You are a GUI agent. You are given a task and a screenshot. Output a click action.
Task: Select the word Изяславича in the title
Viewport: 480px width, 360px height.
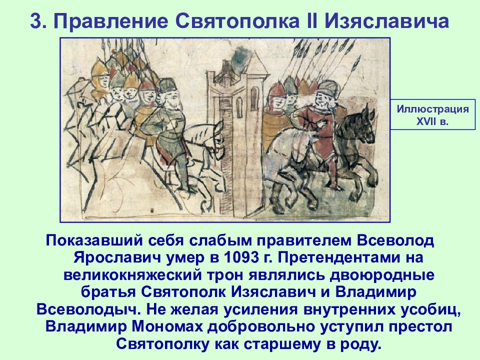coord(386,21)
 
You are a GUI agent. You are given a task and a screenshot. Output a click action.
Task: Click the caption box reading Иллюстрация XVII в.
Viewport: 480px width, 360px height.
coord(433,114)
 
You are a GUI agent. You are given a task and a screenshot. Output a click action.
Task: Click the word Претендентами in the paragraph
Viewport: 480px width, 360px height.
coord(338,258)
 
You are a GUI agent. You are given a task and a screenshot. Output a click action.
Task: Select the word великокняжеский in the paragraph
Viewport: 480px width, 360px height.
coord(133,275)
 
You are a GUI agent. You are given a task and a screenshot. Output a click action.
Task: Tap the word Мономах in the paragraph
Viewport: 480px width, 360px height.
coord(167,326)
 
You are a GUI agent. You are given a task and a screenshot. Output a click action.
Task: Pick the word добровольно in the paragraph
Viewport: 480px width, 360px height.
coord(261,327)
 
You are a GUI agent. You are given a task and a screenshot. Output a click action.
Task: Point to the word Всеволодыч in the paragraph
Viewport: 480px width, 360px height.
coord(86,309)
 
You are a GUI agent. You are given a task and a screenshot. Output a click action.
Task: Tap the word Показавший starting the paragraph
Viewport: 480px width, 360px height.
coord(94,240)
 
